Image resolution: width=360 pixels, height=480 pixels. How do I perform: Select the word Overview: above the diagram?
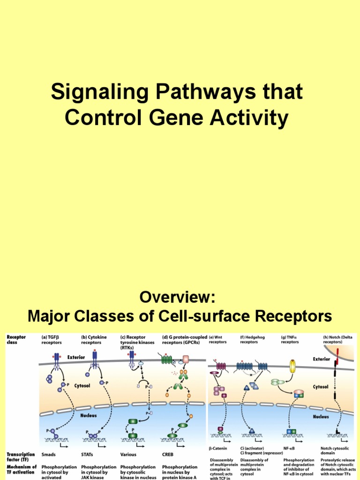pyautogui.click(x=180, y=297)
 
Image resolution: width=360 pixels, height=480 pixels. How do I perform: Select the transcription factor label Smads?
pyautogui.click(x=49, y=454)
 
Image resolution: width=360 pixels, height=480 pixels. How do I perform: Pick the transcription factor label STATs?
pyautogui.click(x=89, y=454)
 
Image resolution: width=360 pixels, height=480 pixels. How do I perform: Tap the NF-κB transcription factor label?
pyautogui.click(x=291, y=449)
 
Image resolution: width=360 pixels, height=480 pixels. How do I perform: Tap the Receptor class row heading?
pyautogui.click(x=16, y=339)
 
